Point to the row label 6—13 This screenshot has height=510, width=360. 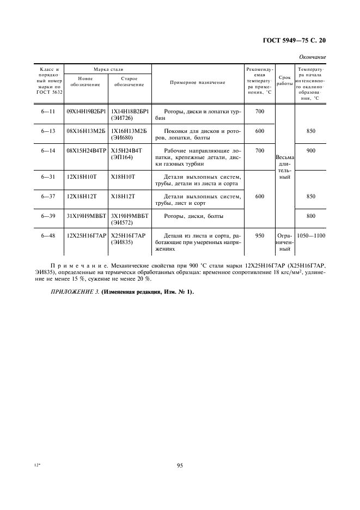coord(49,131)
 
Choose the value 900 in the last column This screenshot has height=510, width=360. coord(310,150)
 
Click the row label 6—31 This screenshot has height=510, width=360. coord(49,177)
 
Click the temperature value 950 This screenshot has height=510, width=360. coord(259,236)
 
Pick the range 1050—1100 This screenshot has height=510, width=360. coord(310,236)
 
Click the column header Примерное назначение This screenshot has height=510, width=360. coord(197,82)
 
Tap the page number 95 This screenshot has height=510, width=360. coord(180,465)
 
